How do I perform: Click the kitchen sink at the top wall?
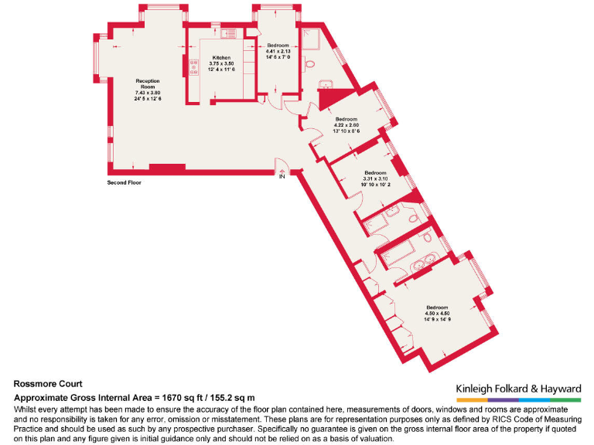pyautogui.click(x=229, y=34)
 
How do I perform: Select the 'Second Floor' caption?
pyautogui.click(x=125, y=183)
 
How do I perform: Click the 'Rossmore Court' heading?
pyautogui.click(x=48, y=383)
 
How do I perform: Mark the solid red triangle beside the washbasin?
pyautogui.click(x=328, y=97)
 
